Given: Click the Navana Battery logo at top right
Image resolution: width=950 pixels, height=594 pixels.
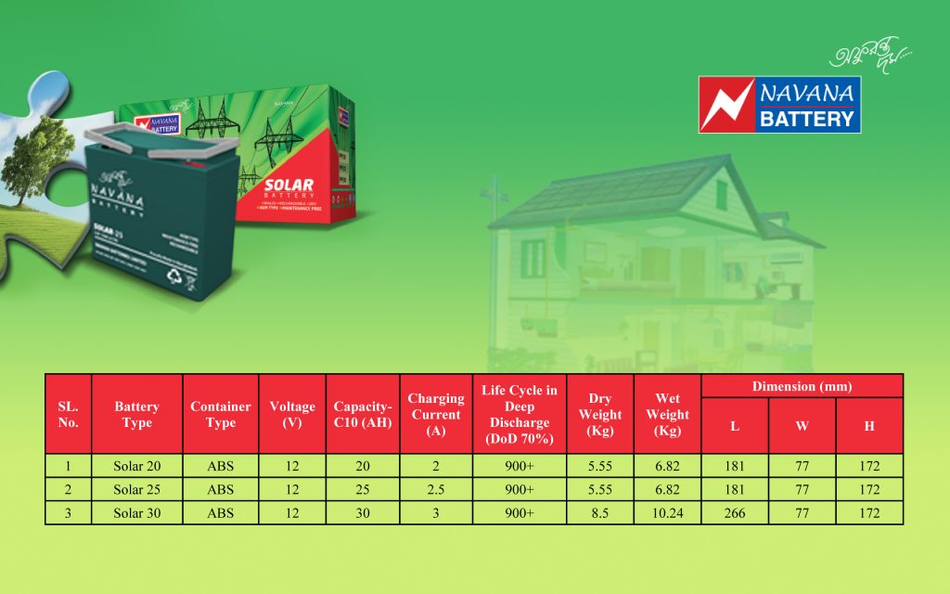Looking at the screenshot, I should coord(779,104).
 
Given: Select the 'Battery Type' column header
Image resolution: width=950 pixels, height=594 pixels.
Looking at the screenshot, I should coord(137,414).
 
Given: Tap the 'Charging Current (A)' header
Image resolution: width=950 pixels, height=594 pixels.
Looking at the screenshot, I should coord(436,414).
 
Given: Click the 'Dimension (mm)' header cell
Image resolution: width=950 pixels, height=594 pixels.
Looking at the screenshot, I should coord(802,386).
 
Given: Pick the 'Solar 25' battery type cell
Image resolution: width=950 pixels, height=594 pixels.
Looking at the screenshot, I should coord(137,489).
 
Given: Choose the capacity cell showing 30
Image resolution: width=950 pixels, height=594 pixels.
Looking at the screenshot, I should coord(363,513).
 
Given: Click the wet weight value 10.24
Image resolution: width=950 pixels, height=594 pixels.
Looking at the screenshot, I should coord(667,513).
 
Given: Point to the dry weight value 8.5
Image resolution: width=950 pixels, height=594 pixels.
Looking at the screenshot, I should coord(599,513).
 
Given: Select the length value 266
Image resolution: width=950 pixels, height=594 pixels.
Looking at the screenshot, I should coord(735,513).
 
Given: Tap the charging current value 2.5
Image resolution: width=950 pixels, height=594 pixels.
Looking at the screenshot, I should coord(436,489).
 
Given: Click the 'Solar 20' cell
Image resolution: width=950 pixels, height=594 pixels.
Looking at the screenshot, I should coord(137,466).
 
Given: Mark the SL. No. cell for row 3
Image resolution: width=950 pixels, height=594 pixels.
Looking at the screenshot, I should coord(69,513).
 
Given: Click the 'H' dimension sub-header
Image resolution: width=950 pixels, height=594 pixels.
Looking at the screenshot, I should coord(869,426).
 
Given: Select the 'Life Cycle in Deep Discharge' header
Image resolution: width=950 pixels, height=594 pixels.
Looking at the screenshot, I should coord(520,414).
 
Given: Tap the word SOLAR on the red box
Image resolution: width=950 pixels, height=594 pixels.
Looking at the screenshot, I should coord(289,187).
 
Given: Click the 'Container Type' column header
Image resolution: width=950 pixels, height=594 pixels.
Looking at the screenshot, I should coord(221,414).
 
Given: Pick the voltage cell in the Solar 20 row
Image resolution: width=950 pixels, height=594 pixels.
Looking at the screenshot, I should coord(292,466).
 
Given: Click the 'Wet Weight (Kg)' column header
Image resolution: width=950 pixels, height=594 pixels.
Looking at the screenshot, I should coord(667,414).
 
